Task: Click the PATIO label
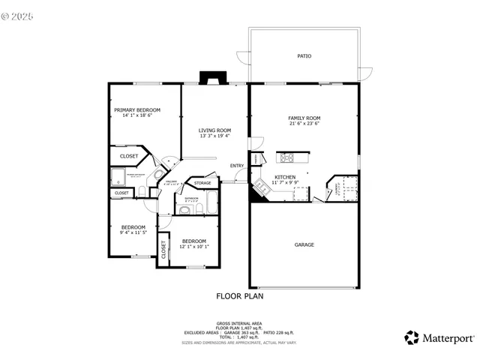point(304,56)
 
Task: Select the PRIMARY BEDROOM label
point(137,110)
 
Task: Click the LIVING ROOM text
point(214,130)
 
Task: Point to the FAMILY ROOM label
point(304,118)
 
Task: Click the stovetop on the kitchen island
point(286,157)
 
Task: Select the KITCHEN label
point(274,178)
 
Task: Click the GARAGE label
point(304,244)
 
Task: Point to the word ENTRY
point(236,166)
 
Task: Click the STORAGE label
point(202,183)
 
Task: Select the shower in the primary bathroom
point(118,177)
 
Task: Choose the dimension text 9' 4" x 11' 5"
point(133,232)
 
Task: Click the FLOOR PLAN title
point(239,296)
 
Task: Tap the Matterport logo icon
point(412,337)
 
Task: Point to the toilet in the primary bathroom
point(142,193)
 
